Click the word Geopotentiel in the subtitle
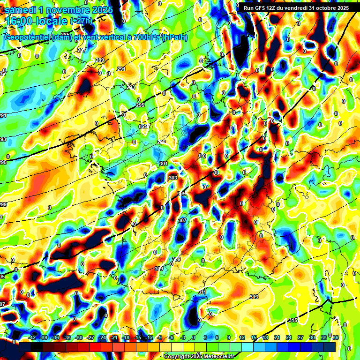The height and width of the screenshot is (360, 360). click(x=28, y=37)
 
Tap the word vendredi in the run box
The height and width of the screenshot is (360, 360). click(x=302, y=8)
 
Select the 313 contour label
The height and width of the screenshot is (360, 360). click(x=254, y=297)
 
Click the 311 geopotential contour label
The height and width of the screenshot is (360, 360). click(x=202, y=292)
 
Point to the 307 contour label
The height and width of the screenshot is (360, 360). click(x=182, y=220)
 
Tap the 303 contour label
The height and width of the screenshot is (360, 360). click(x=172, y=178)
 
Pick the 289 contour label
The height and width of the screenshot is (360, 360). click(x=100, y=60)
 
